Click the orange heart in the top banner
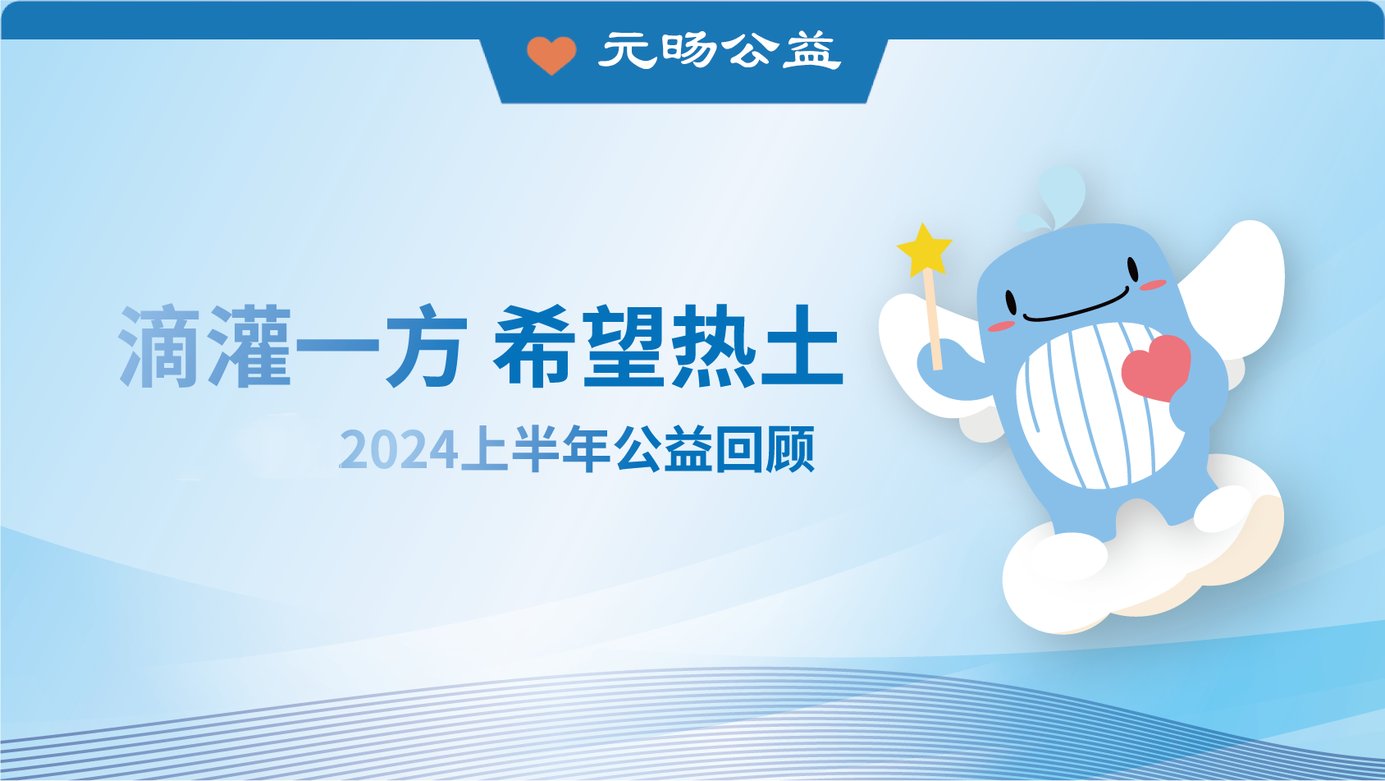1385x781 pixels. (x=551, y=55)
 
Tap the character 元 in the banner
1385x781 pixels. (x=628, y=51)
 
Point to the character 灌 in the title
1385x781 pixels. (x=250, y=346)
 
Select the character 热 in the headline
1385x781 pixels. (x=712, y=346)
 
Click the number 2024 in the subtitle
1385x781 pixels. (x=398, y=450)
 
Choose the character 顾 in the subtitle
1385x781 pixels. (x=789, y=449)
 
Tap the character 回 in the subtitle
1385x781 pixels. (x=739, y=449)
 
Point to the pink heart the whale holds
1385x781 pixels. (x=1155, y=367)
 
